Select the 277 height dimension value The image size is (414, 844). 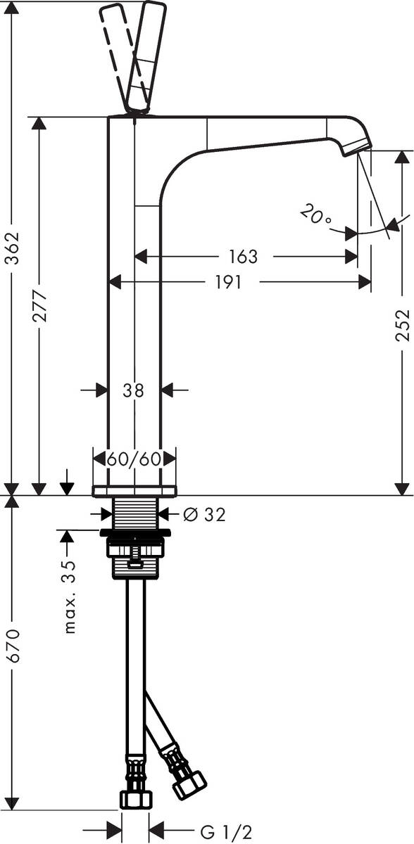pyautogui.click(x=39, y=306)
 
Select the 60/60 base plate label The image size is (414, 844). pyautogui.click(x=134, y=459)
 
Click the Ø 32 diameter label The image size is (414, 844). pyautogui.click(x=203, y=515)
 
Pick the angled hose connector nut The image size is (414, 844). pyautogui.click(x=189, y=784)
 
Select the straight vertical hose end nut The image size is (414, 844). pyautogui.click(x=135, y=798)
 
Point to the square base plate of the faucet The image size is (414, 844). pyautogui.click(x=134, y=490)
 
